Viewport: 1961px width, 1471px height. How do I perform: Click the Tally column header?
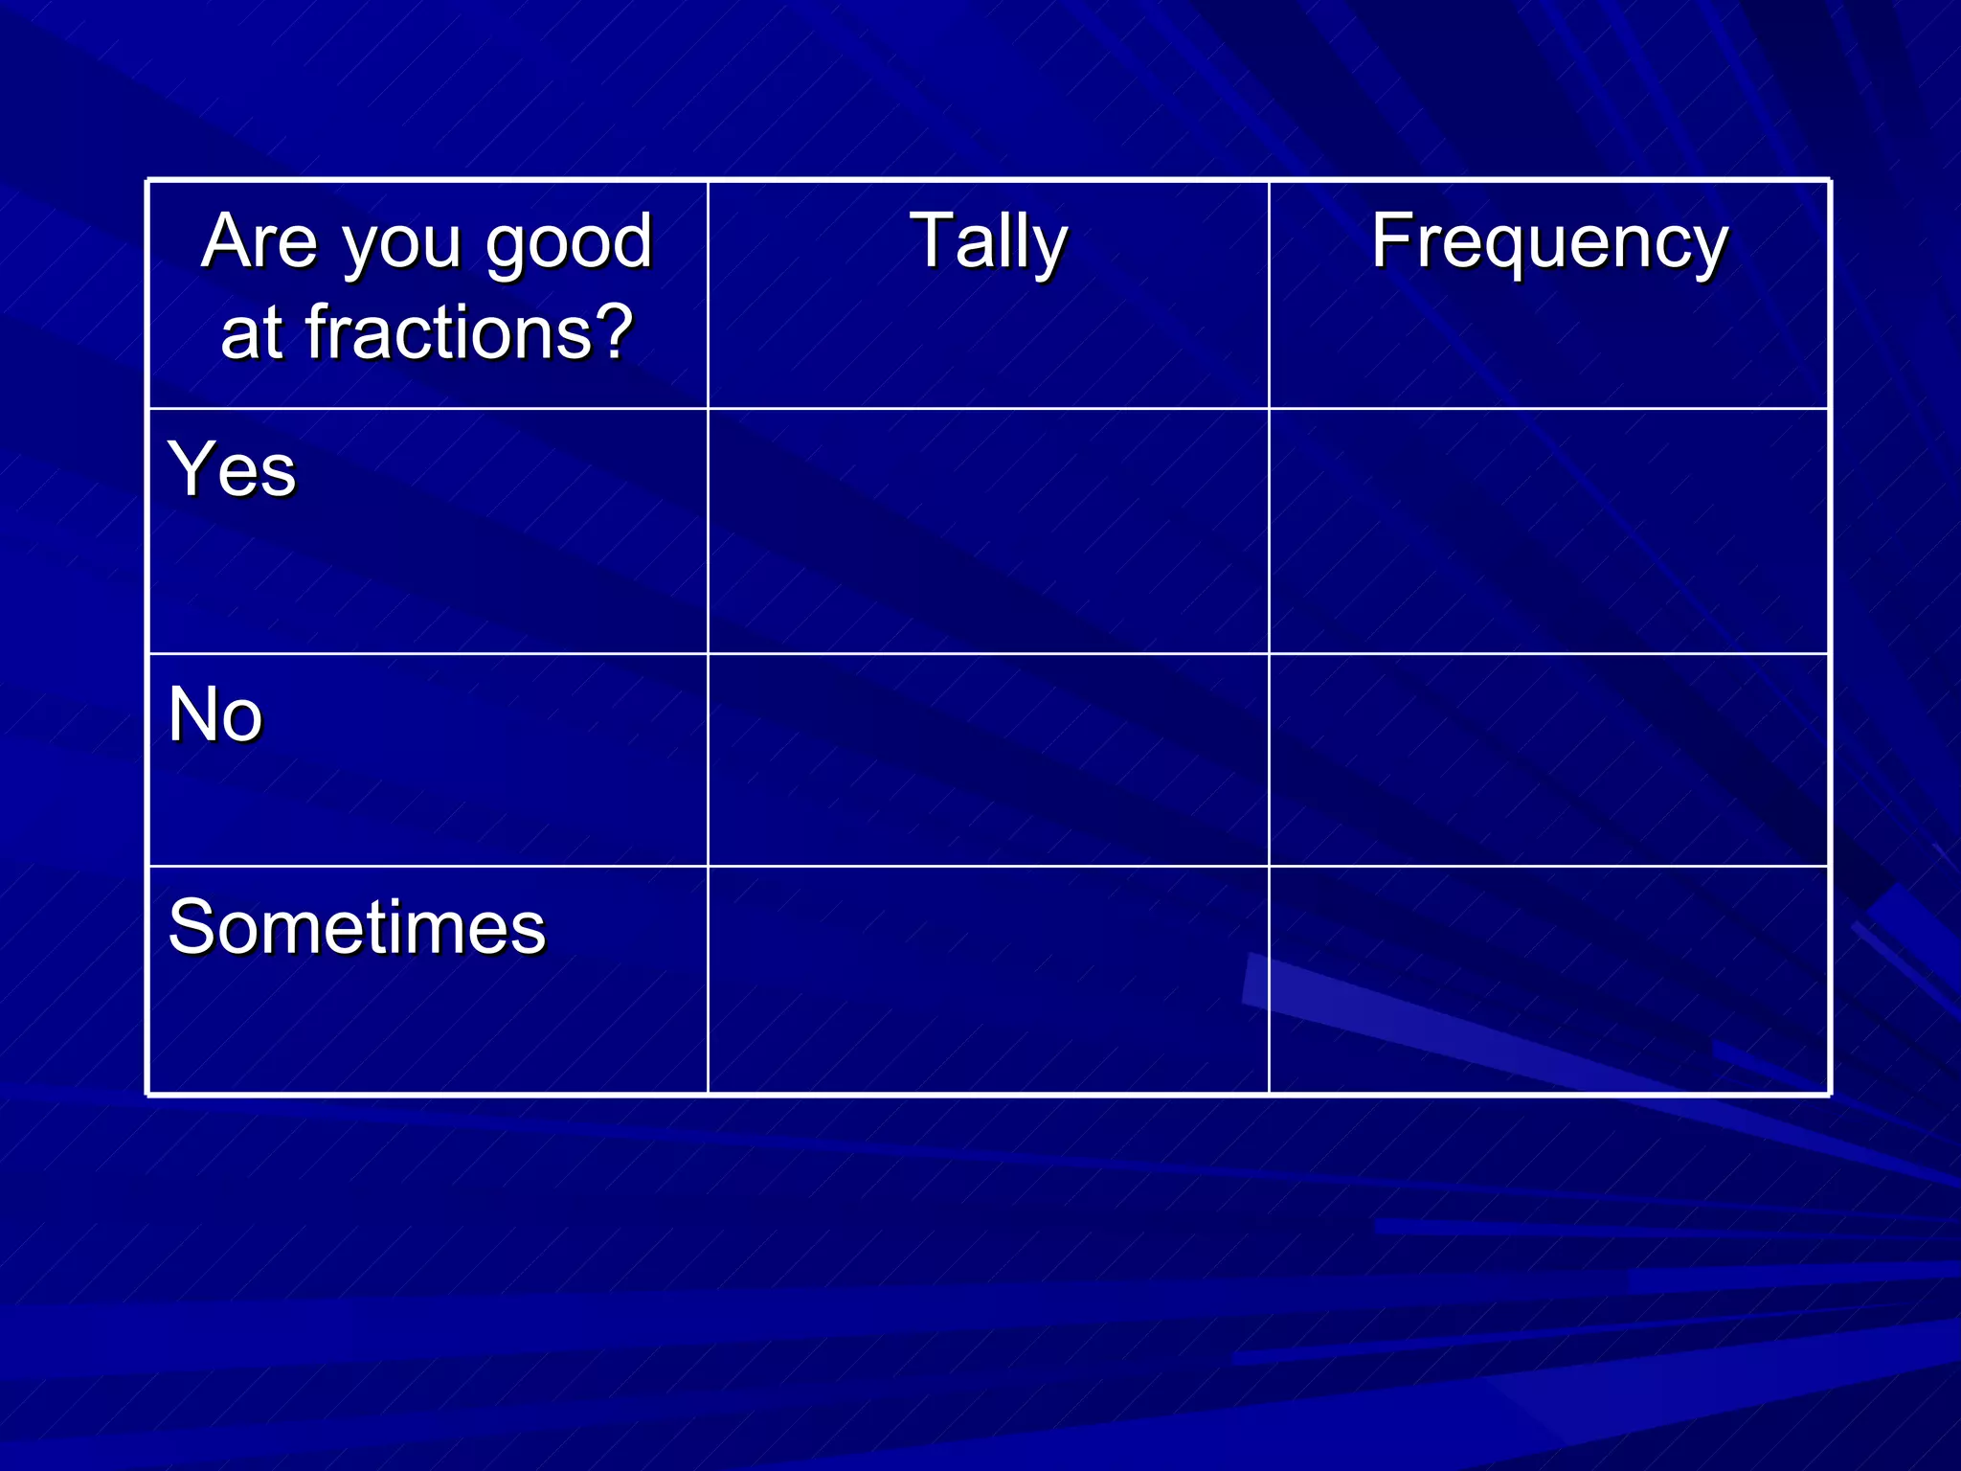[988, 241]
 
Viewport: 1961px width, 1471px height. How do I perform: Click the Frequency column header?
[1549, 241]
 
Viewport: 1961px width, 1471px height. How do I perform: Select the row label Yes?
[233, 469]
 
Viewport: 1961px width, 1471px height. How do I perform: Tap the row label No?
[214, 714]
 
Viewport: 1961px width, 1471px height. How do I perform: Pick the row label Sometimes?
[356, 927]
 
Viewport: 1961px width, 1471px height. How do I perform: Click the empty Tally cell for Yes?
[988, 532]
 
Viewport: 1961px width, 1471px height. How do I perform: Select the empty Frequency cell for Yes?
[1549, 532]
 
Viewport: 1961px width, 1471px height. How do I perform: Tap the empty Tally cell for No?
[988, 760]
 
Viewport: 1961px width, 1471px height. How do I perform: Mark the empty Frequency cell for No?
[1549, 760]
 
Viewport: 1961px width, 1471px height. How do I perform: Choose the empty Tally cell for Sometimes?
[988, 980]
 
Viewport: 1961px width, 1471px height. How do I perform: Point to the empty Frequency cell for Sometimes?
[1549, 980]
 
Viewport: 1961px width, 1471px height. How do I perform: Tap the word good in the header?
[569, 243]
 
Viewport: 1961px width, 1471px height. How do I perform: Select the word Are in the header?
[259, 241]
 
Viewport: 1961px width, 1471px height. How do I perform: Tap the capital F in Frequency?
[1392, 240]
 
